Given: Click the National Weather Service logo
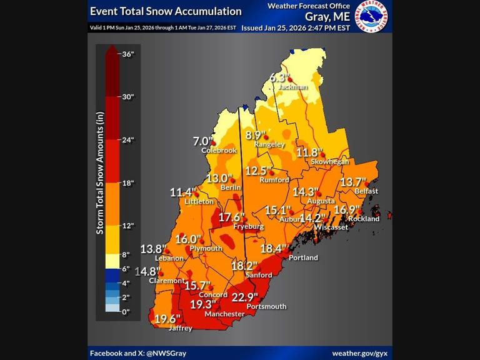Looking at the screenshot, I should [371, 16].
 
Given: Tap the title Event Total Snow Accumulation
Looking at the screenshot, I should [166, 11].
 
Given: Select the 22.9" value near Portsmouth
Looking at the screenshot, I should [244, 297].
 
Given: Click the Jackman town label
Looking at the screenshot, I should [292, 87].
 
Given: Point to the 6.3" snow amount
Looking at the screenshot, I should [280, 77].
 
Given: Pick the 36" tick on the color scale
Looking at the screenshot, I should [127, 54].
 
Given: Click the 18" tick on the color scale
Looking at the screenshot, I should [127, 183].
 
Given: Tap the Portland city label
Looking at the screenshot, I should [303, 257].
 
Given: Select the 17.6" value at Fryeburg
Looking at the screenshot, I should [231, 217].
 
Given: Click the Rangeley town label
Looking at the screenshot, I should [269, 144].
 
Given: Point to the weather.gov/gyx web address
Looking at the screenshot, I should [359, 353].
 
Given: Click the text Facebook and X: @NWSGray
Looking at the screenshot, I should [138, 353].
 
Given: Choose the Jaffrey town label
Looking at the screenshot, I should [181, 328].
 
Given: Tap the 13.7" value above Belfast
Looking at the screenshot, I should [352, 182].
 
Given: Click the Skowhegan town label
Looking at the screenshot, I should [330, 162].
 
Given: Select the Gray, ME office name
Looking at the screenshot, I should [327, 17].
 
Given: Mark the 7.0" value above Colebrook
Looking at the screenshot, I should [203, 142].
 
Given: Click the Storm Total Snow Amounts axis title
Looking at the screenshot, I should [100, 173].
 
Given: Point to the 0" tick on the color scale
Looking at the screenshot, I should [126, 312].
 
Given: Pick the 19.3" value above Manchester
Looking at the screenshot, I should [203, 304].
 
